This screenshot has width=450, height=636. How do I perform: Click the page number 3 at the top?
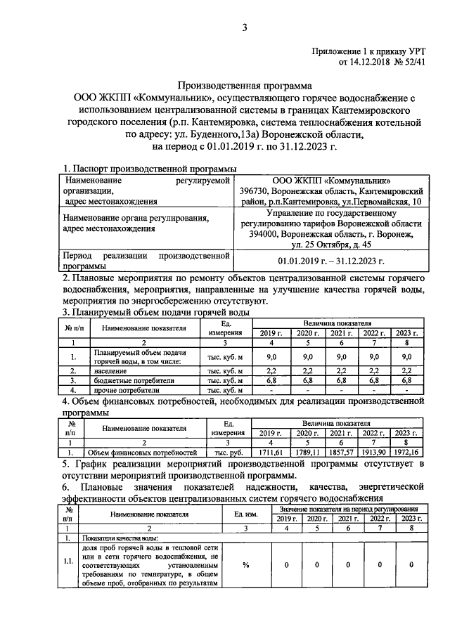[x=245, y=28]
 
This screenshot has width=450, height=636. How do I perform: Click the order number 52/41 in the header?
[x=411, y=63]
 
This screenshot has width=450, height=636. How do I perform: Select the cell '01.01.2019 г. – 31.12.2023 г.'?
[x=330, y=261]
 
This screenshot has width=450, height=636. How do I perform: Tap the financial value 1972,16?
[x=406, y=452]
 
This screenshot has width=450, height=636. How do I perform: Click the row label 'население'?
[x=108, y=370]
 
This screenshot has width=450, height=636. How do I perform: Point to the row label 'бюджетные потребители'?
[x=129, y=379]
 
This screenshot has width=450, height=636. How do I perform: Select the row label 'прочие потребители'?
[x=120, y=389]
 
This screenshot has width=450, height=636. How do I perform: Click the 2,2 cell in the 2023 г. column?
[x=406, y=370]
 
